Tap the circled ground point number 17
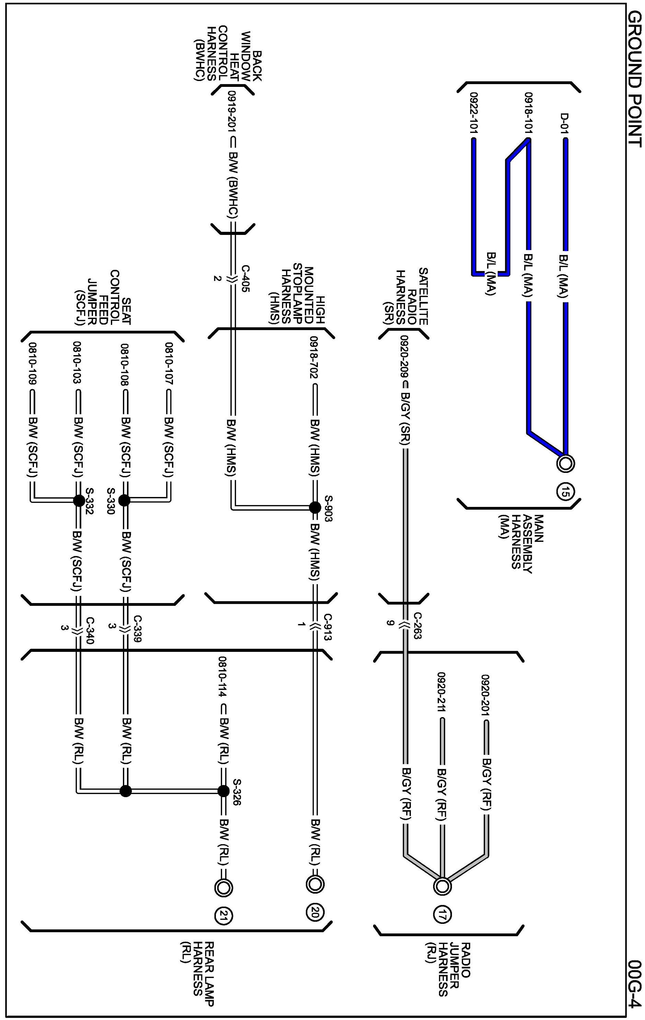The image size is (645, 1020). click(442, 915)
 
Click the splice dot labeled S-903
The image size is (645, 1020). click(315, 508)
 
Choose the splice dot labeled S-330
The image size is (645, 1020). click(124, 501)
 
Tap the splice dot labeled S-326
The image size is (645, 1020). click(223, 791)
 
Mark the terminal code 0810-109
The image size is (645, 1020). click(32, 363)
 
